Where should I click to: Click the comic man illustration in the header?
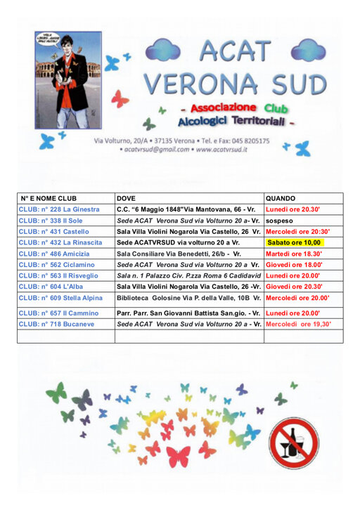click(68, 80)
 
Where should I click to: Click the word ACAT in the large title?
click(234, 50)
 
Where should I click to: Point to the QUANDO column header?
click(281, 199)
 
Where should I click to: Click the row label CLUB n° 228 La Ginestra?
click(59, 209)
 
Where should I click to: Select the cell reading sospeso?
click(280, 221)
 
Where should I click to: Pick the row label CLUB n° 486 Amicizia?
click(54, 254)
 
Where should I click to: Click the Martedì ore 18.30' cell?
click(294, 254)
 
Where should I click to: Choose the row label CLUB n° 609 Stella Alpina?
click(60, 298)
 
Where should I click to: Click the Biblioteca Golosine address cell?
click(188, 298)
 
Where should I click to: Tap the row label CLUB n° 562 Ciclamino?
click(56, 265)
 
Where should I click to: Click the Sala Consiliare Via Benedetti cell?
click(179, 254)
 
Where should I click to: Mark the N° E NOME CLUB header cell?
click(49, 199)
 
